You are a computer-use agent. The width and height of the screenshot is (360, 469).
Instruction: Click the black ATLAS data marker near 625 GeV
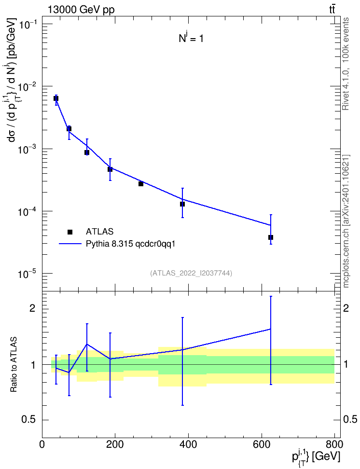(x=271, y=237)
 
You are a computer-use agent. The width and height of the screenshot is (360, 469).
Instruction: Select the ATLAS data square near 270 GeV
(x=141, y=184)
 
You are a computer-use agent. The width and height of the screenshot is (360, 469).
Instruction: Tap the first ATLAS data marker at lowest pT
(x=56, y=98)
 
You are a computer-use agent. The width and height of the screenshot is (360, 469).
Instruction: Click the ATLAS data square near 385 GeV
(x=182, y=204)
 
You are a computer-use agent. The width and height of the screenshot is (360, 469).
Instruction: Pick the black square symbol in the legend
(x=70, y=232)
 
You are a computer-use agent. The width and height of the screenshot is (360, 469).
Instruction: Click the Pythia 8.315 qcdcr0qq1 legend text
(x=130, y=244)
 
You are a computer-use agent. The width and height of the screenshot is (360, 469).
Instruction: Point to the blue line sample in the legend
(x=70, y=244)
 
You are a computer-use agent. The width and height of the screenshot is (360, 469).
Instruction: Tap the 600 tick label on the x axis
(x=262, y=444)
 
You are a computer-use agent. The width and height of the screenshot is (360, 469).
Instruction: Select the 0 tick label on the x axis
(x=42, y=444)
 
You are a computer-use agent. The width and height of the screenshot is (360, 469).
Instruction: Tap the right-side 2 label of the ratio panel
(x=346, y=308)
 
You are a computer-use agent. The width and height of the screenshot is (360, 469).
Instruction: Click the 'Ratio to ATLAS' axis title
(x=14, y=364)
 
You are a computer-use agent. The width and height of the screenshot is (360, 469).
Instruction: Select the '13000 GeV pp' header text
(x=81, y=10)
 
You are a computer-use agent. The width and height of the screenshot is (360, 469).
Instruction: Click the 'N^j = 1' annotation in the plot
(x=191, y=38)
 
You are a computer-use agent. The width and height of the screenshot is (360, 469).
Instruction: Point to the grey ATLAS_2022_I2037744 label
(x=191, y=273)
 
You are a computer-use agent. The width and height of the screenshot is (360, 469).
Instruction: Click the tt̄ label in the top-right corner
(x=332, y=10)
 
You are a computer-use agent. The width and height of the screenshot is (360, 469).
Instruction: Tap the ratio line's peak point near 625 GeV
(x=271, y=329)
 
